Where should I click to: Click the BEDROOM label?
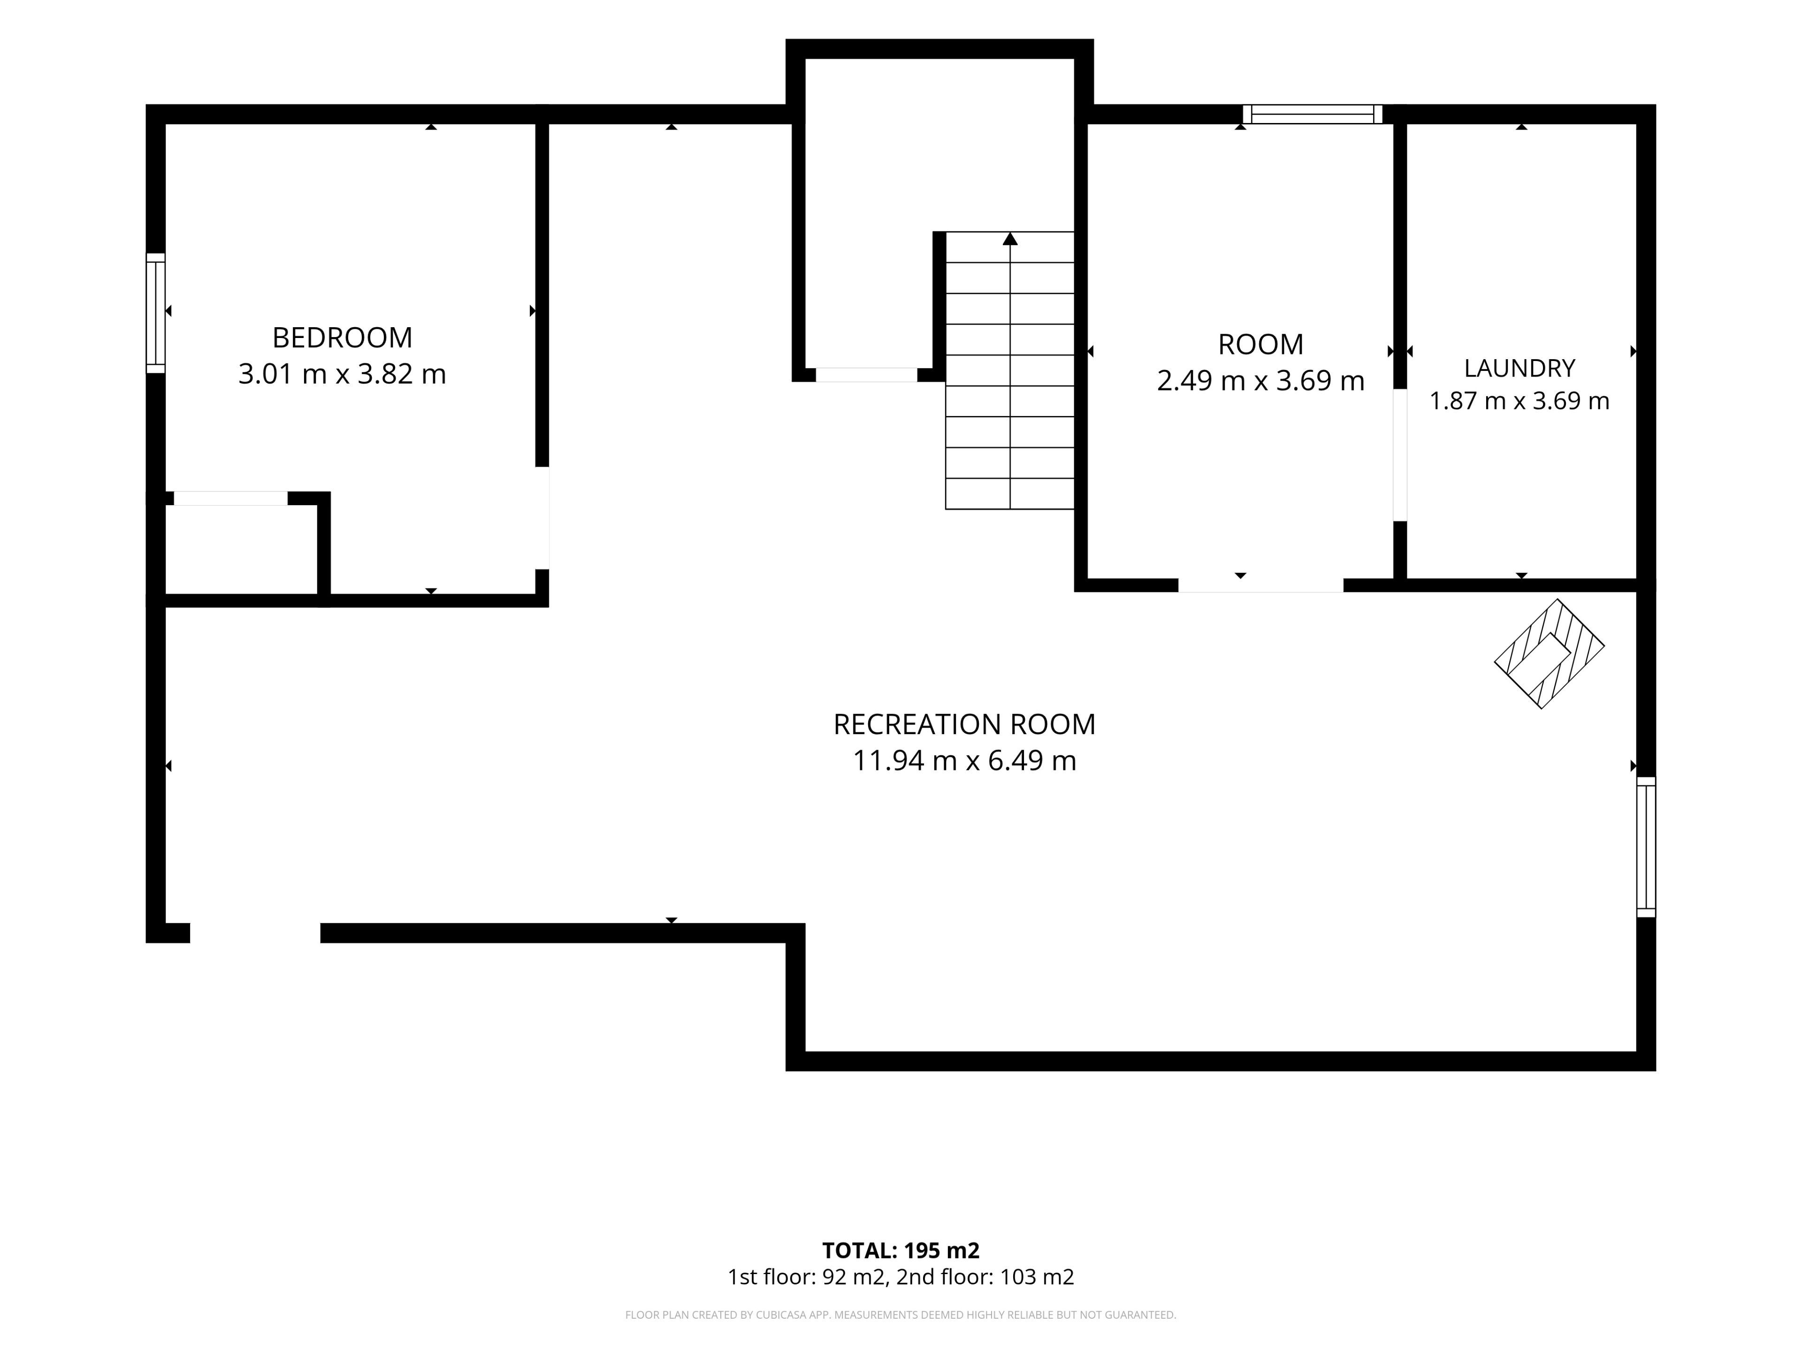[342, 338]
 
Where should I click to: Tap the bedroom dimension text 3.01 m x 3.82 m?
[342, 374]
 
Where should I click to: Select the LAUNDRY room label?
[1519, 369]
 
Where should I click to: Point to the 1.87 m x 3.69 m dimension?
[1519, 401]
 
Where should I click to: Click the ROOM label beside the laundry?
[1260, 345]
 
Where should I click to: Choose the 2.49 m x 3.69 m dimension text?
[1260, 381]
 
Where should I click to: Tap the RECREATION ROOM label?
[964, 724]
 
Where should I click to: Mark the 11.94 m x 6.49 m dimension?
[964, 760]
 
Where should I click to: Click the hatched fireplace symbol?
[1550, 653]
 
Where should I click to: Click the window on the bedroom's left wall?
[156, 313]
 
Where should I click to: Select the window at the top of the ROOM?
[1313, 114]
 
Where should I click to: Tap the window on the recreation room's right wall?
[1646, 847]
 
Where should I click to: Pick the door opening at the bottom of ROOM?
[1260, 585]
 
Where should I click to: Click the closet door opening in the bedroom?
[230, 498]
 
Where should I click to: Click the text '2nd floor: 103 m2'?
[985, 1277]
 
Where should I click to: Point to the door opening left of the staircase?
[867, 375]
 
